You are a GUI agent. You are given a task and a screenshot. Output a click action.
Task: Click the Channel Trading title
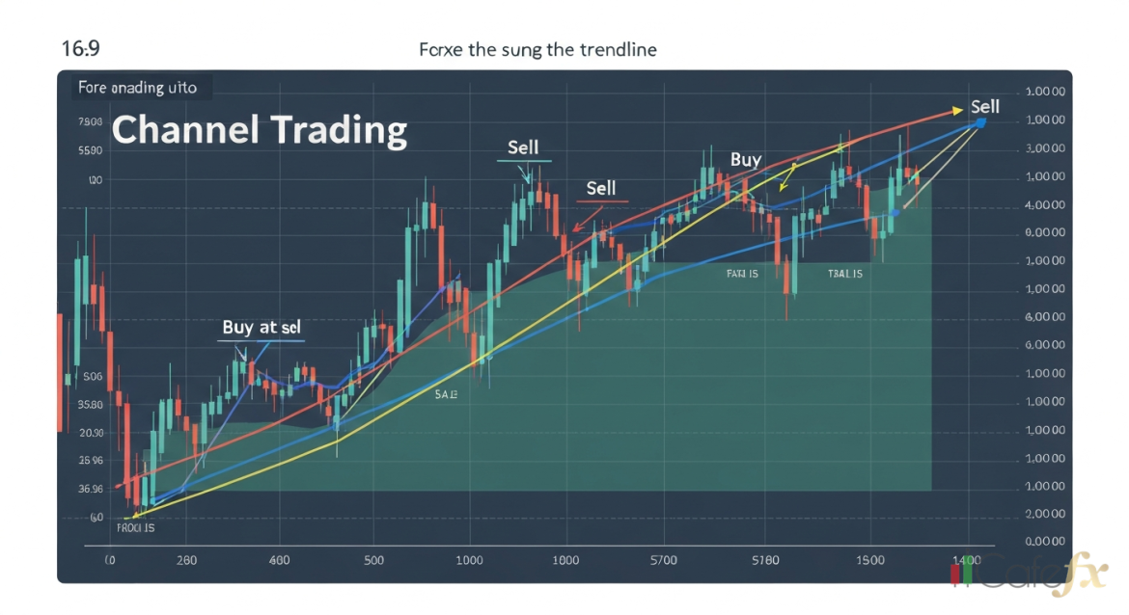pos(259,129)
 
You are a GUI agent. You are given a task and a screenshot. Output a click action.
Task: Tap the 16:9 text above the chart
pos(80,48)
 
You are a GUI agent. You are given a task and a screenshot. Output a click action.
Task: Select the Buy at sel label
pos(262,328)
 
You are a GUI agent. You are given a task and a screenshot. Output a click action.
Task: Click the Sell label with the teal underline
pos(523,148)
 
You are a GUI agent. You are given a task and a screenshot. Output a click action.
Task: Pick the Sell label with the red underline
pos(600,188)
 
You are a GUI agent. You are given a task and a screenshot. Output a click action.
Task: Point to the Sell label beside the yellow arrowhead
pos(984,107)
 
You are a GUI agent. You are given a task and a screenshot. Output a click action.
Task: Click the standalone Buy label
pos(745,160)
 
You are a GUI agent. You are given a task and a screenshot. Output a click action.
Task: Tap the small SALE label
pos(446,395)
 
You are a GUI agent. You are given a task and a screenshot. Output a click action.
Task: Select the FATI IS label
pos(742,274)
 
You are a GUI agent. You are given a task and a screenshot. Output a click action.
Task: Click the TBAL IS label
pos(844,274)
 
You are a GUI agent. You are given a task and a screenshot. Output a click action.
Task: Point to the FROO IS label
pos(135,528)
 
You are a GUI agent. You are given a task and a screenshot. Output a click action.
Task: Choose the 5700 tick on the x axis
pos(664,560)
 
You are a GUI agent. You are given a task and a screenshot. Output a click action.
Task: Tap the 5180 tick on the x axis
pos(765,560)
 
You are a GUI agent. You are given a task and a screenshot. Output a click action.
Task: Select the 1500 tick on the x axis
pos(869,560)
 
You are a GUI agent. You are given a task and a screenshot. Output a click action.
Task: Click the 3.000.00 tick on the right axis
pos(1044,148)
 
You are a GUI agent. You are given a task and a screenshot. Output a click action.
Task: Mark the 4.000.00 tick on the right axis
pos(1044,204)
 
